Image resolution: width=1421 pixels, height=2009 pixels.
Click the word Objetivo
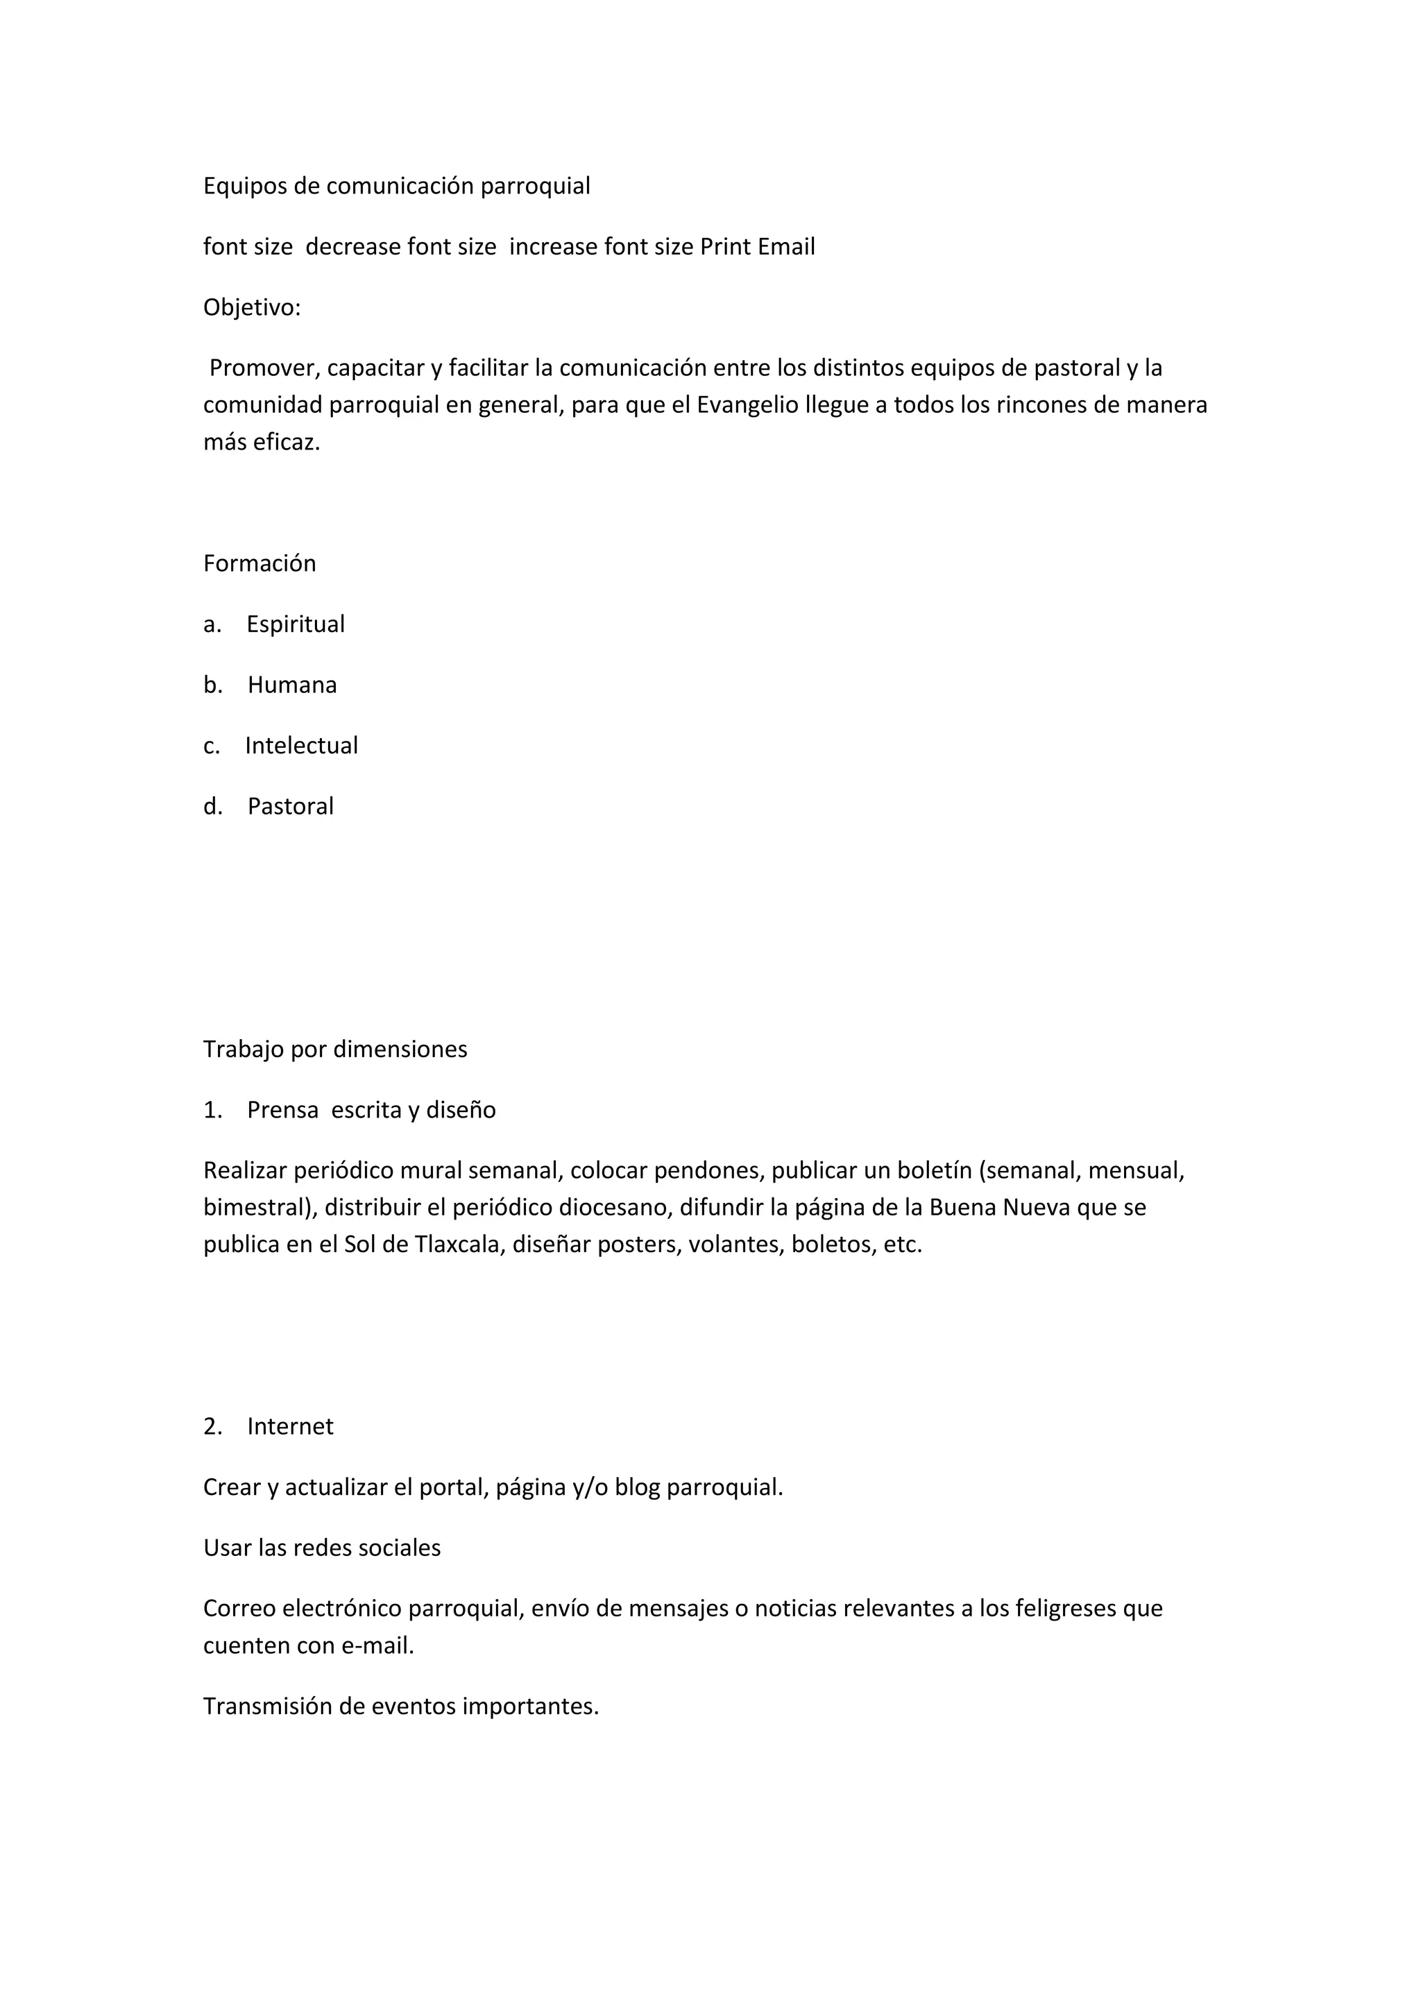250,308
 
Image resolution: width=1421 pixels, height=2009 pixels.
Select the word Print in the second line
725,247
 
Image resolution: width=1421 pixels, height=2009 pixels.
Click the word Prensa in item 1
282,1111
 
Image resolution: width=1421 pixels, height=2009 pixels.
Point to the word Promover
262,368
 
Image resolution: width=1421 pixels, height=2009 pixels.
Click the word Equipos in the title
245,187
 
